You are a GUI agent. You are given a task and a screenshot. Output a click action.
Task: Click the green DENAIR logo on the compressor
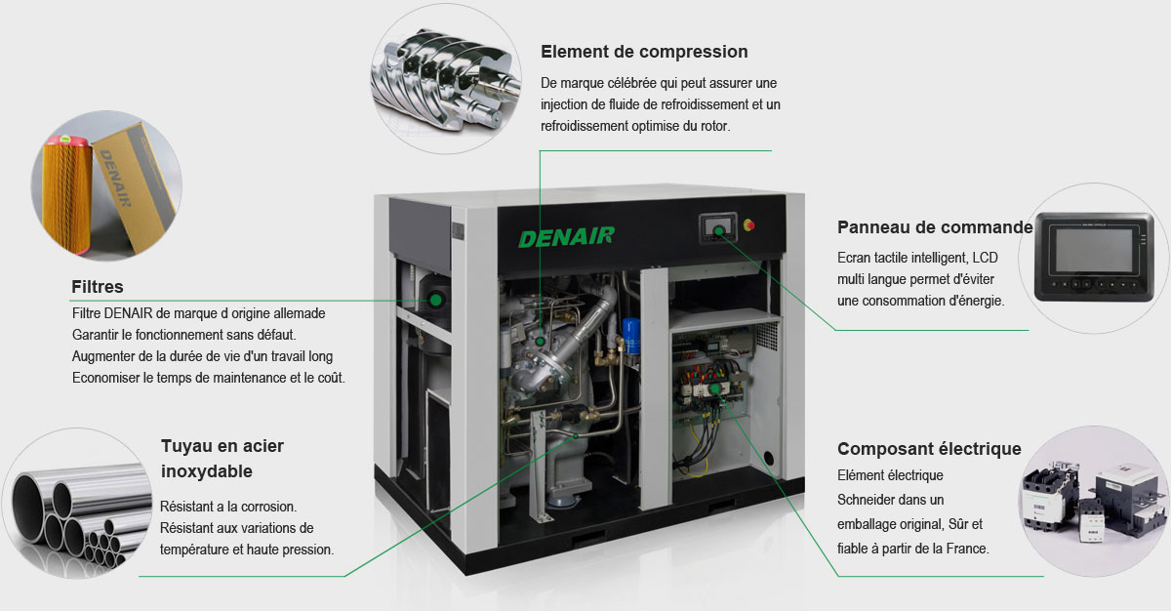point(566,237)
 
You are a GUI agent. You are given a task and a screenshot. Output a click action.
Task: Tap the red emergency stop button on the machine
point(748,225)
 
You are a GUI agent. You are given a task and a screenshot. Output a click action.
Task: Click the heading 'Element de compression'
point(644,52)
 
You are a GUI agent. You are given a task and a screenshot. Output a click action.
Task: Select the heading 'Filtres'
point(98,286)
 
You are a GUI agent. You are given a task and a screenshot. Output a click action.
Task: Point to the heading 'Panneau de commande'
point(935,227)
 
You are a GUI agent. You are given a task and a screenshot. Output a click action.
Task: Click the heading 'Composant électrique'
point(929,448)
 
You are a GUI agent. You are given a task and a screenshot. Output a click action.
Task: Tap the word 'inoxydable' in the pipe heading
point(207,471)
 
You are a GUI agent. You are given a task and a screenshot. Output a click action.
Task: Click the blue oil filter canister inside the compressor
point(631,336)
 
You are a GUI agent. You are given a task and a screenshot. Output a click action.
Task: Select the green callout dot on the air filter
point(435,300)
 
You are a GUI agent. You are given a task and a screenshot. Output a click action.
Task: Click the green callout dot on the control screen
point(719,231)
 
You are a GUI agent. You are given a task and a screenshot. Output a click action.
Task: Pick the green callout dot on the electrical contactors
point(714,388)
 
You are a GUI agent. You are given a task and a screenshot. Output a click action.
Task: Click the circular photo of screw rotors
point(446,79)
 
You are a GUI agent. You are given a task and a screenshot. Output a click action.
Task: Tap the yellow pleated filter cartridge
point(67,194)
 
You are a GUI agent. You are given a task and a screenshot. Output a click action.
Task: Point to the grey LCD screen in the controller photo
point(1094,251)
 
